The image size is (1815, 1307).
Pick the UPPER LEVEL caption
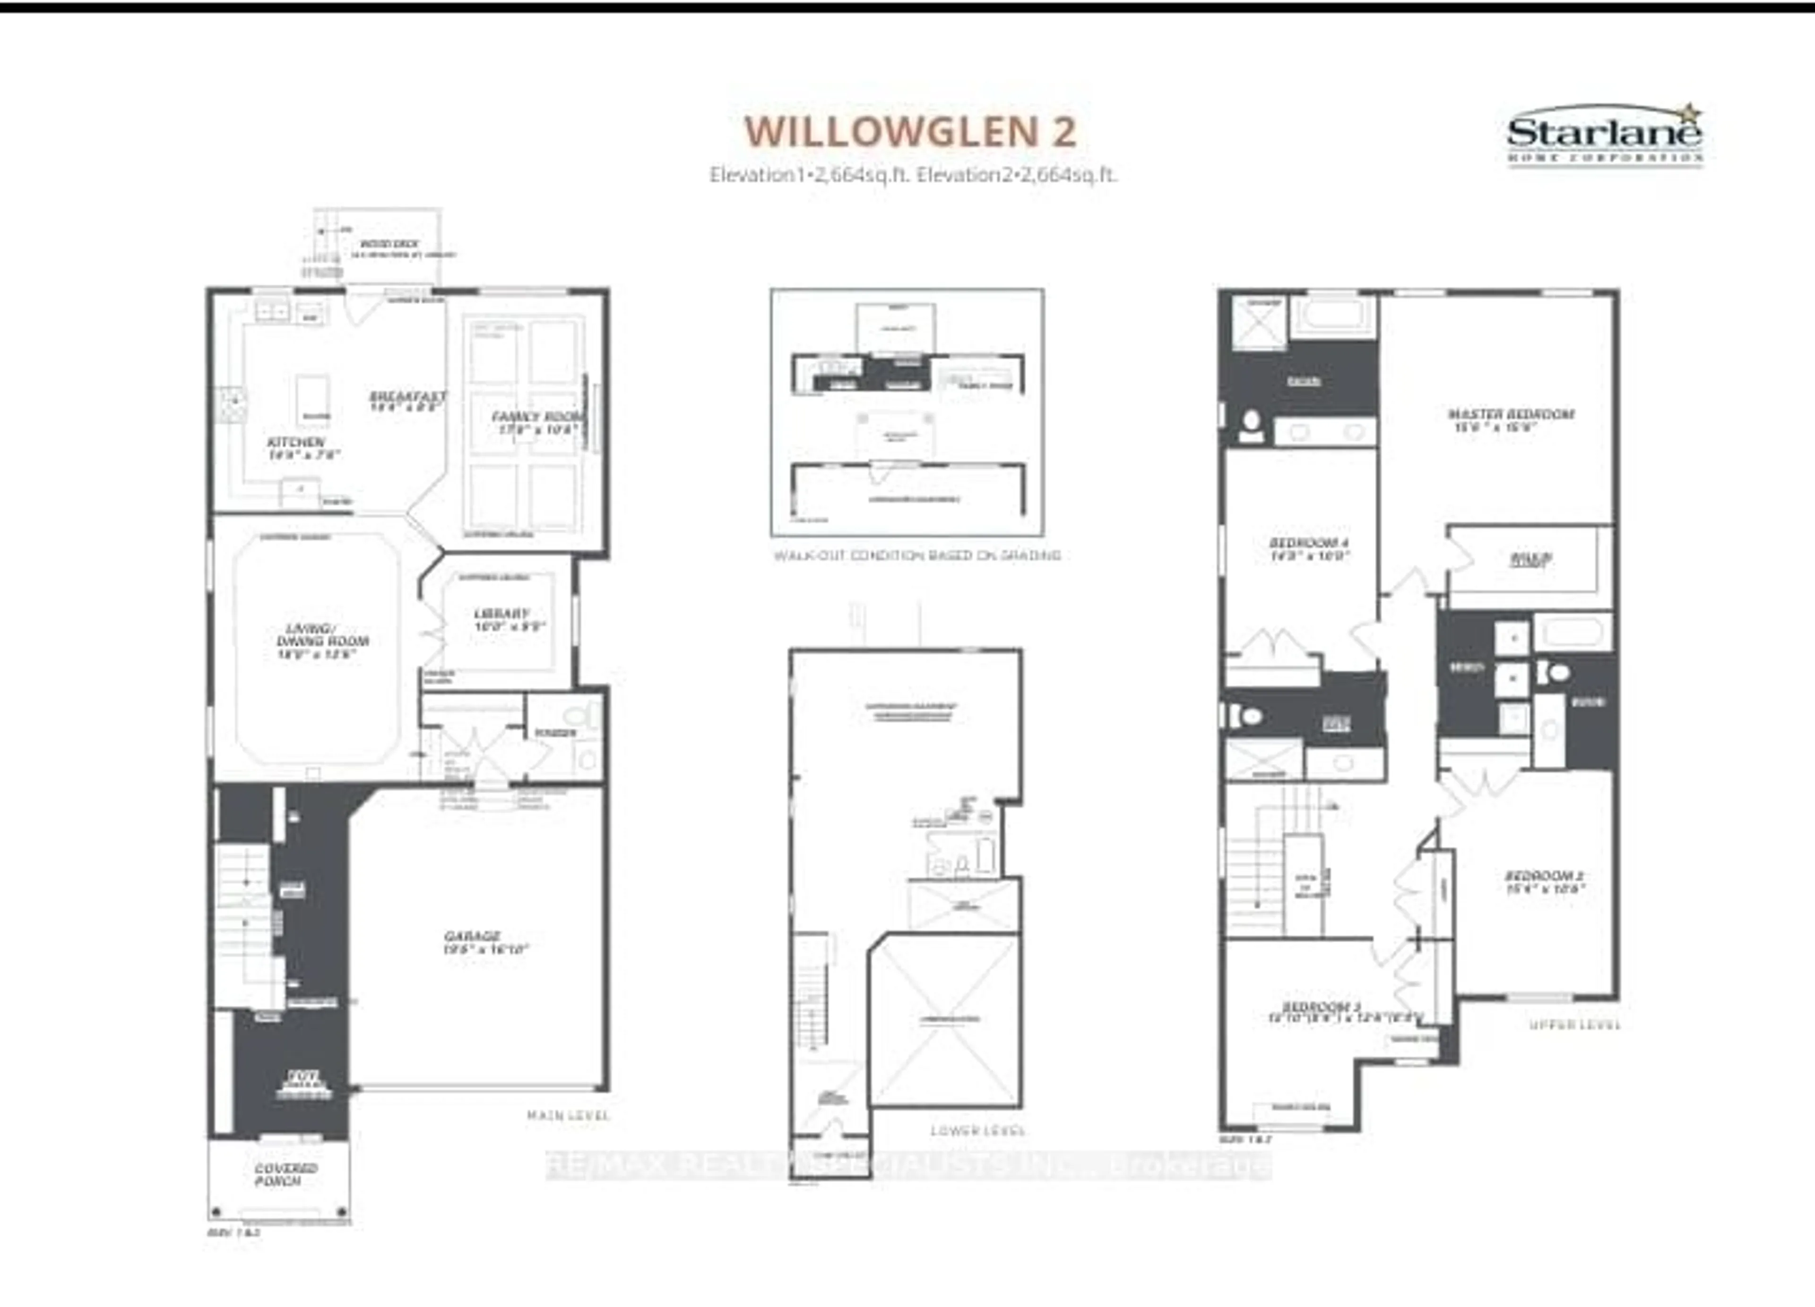pos(1574,1025)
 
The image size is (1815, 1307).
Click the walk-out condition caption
pos(916,555)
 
